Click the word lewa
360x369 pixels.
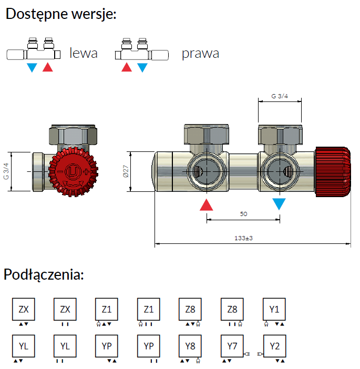tap(84, 53)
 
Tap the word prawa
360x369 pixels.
tap(200, 53)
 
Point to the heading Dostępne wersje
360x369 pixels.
tap(61, 14)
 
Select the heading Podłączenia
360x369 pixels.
tap(44, 274)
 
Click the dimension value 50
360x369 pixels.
tap(243, 214)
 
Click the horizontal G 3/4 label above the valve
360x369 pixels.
tap(279, 96)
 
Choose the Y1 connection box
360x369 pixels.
tap(274, 309)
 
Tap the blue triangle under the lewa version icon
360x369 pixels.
tap(32, 68)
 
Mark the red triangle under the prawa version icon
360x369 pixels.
tap(127, 68)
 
